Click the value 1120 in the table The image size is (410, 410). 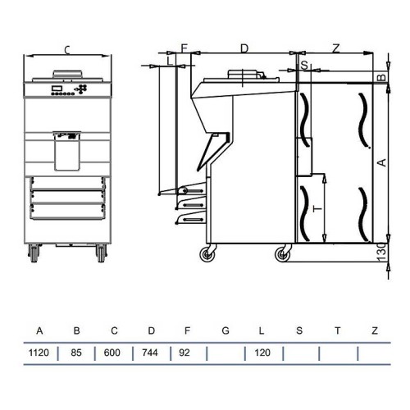39,353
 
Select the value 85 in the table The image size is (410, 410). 77,353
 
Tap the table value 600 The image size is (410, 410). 114,353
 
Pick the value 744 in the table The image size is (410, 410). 151,353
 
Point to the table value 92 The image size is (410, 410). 188,353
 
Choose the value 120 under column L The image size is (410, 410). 261,353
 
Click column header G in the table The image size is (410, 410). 225,331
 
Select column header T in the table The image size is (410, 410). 337,331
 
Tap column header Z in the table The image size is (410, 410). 374,331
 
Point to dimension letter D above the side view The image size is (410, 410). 244,49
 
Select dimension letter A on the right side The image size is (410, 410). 379,163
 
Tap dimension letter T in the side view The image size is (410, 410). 316,209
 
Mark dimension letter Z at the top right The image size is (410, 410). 336,49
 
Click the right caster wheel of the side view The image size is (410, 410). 282,255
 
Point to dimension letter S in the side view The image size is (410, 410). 303,63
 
